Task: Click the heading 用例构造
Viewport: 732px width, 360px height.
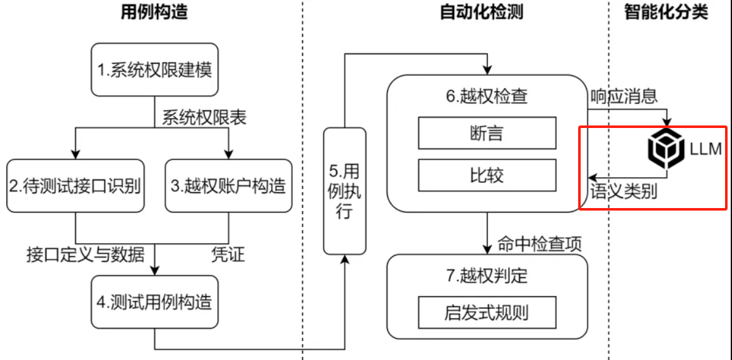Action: (x=154, y=13)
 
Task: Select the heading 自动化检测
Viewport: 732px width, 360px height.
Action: (x=481, y=13)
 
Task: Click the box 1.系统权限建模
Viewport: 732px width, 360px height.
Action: (x=154, y=69)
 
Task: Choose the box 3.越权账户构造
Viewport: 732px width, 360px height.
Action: (x=228, y=186)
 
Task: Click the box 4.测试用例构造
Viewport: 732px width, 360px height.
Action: (x=154, y=302)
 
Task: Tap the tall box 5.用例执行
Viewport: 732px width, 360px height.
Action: (x=344, y=191)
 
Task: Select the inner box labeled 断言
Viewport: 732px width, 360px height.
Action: (x=487, y=133)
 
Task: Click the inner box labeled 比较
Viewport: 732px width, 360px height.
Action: (x=487, y=175)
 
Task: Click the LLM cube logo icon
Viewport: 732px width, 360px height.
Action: (x=666, y=149)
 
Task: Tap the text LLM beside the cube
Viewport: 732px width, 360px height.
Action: (x=705, y=149)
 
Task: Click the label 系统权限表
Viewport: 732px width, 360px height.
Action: (x=204, y=117)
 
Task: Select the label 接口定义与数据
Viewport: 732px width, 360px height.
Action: (x=85, y=255)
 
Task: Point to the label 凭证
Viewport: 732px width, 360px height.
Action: (x=227, y=255)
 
